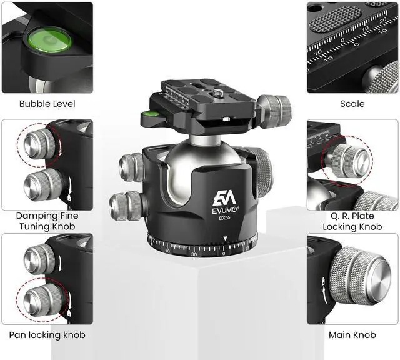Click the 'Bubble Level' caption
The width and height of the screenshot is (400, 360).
[47, 104]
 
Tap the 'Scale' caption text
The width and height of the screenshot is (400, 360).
[352, 104]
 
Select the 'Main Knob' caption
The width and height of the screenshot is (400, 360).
[352, 335]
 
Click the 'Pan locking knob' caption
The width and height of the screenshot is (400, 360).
[47, 335]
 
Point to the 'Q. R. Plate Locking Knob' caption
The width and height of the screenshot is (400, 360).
[352, 221]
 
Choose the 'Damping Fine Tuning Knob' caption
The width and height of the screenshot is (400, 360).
[47, 221]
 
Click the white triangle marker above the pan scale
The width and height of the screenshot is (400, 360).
[225, 239]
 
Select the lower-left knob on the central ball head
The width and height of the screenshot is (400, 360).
[125, 206]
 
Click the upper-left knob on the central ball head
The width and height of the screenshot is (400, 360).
[131, 167]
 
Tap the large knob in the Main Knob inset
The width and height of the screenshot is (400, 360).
[361, 276]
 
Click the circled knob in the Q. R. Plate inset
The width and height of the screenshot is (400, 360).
[349, 160]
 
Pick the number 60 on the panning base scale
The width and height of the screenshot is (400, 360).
[167, 251]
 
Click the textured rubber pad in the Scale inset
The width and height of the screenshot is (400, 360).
[335, 19]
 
